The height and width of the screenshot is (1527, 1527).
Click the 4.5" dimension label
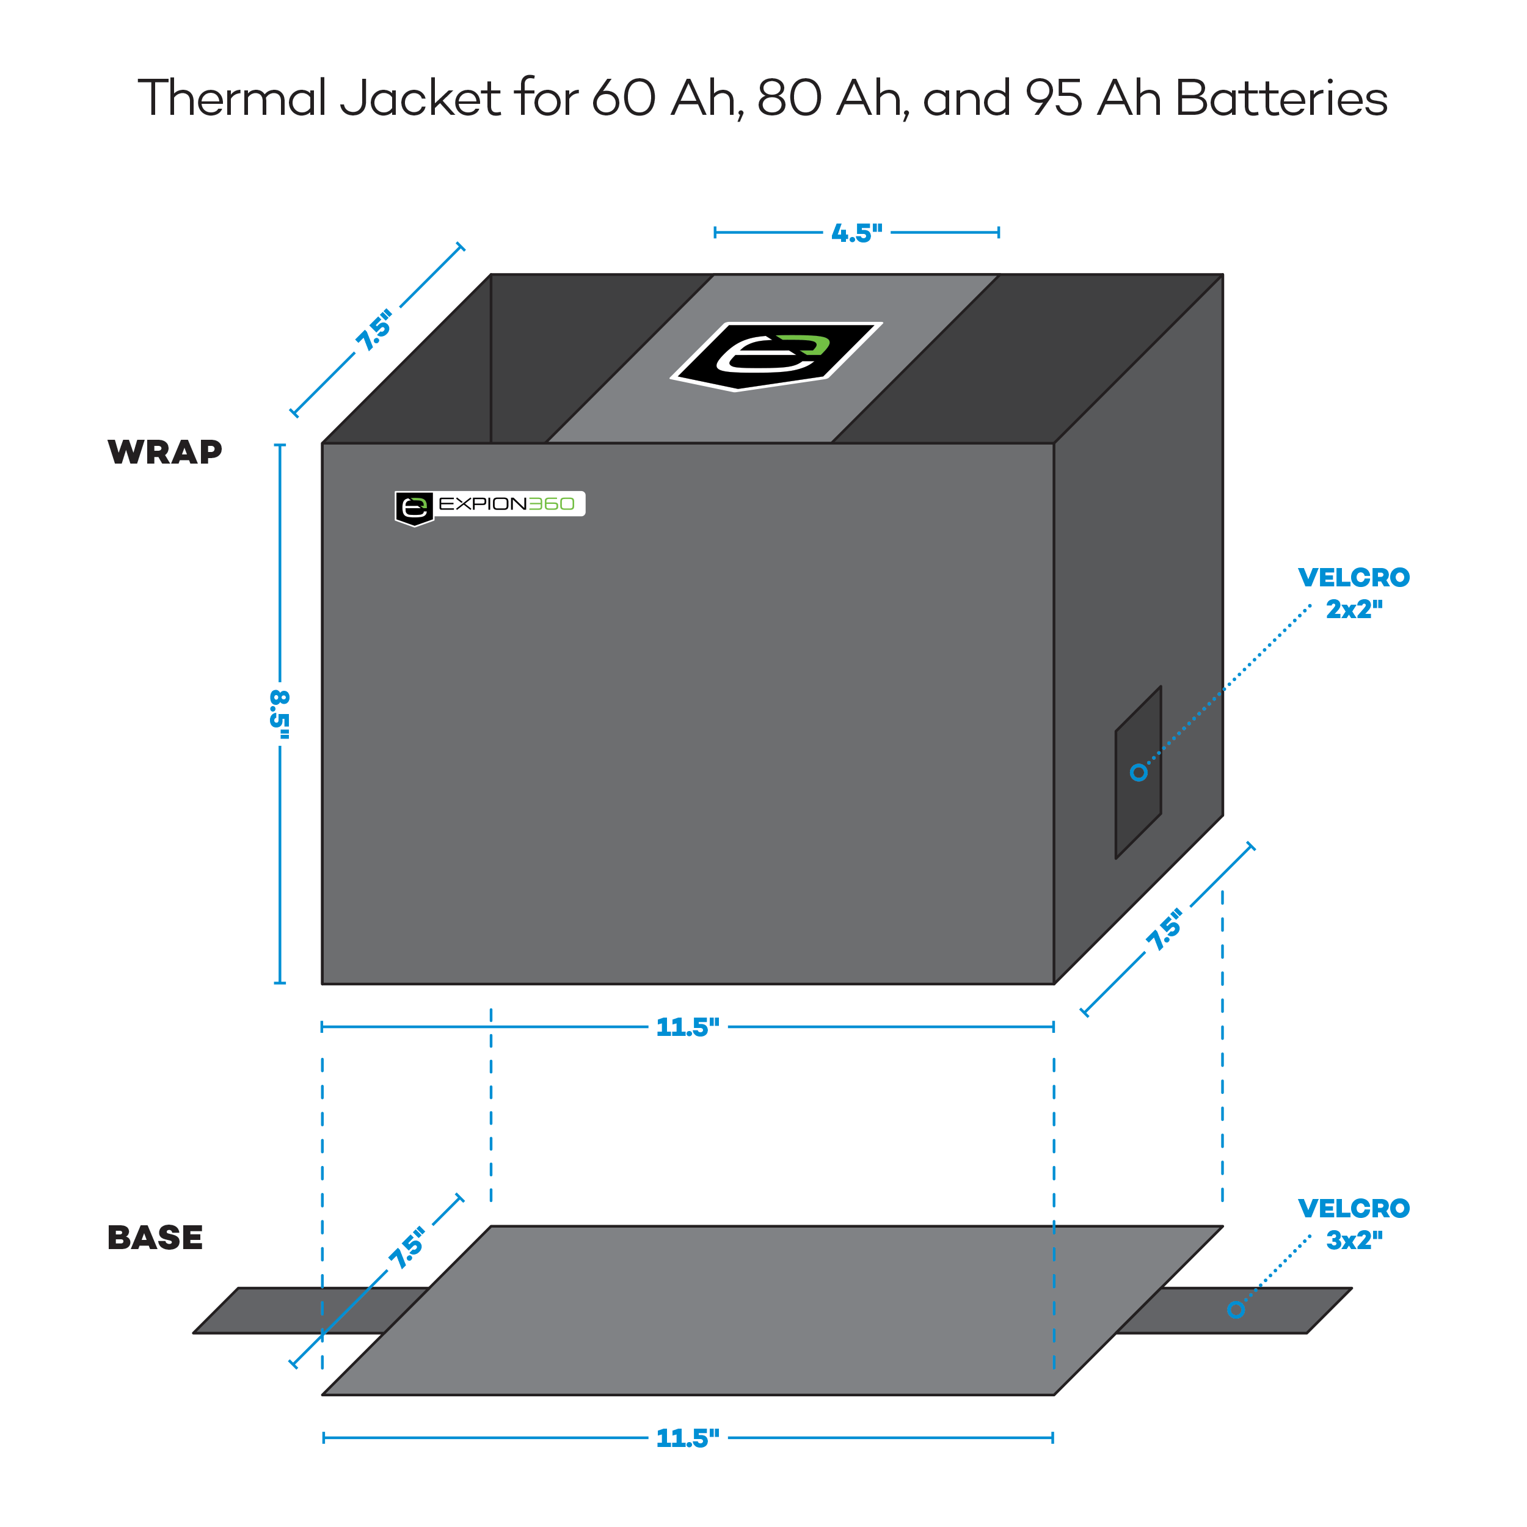pyautogui.click(x=857, y=233)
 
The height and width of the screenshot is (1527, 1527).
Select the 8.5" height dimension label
pyautogui.click(x=280, y=713)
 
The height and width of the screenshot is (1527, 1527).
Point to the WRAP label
pyautogui.click(x=164, y=452)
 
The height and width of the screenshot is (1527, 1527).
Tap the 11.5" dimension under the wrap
pyautogui.click(x=688, y=1027)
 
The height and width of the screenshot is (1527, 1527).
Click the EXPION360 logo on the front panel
pyautogui.click(x=490, y=505)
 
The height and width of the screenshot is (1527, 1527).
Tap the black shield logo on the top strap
pyautogui.click(x=776, y=355)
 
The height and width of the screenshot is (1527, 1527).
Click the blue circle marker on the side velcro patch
pyautogui.click(x=1138, y=772)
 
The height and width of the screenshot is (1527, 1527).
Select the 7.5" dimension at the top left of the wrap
pyautogui.click(x=374, y=331)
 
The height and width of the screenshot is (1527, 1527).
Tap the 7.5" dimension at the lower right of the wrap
pyautogui.click(x=1165, y=930)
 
